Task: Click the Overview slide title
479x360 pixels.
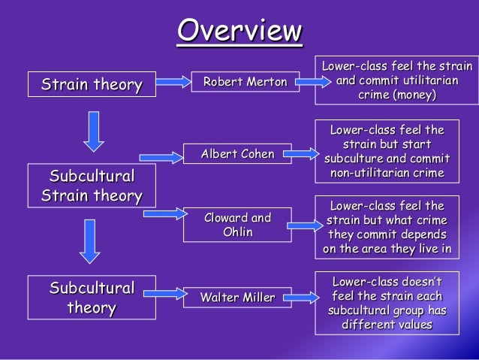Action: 239,31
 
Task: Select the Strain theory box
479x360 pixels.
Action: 92,84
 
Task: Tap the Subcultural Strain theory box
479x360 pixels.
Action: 92,186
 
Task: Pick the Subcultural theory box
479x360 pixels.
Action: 92,298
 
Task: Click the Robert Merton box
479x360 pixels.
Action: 246,82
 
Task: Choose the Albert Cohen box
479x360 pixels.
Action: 237,154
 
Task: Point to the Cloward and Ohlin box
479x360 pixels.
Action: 237,224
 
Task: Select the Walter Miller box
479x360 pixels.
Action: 237,298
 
